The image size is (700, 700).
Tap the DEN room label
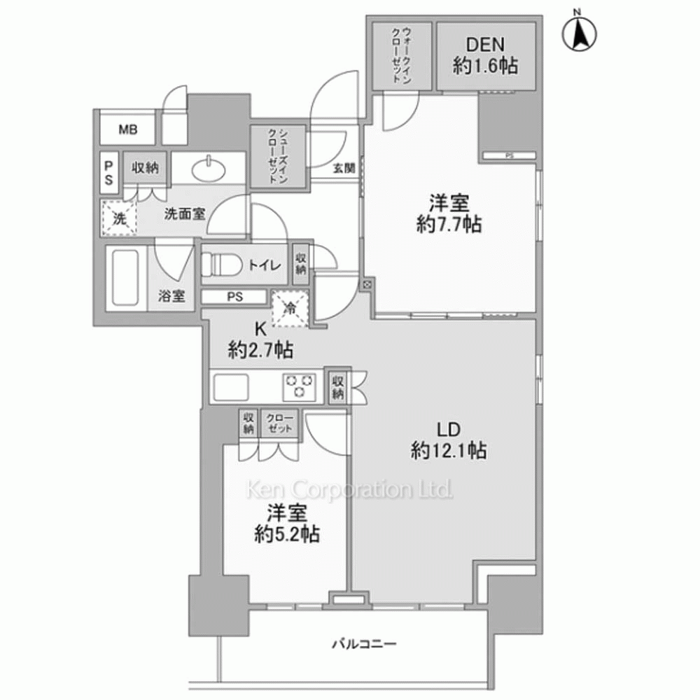(x=485, y=44)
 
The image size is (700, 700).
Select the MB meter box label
(x=127, y=130)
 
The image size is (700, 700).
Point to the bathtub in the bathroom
(x=125, y=278)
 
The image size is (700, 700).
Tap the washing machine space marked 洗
(x=118, y=218)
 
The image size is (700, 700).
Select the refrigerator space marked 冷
(x=290, y=309)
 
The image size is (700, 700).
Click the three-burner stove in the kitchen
(x=299, y=386)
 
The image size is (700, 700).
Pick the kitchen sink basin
(x=231, y=387)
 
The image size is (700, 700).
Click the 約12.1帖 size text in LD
(x=449, y=451)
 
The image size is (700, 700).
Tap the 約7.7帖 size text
(x=449, y=224)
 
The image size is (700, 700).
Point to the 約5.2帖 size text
(x=287, y=533)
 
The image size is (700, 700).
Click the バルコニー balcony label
(x=364, y=644)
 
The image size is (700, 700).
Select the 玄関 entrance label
(x=344, y=168)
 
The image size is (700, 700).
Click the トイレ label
(x=265, y=265)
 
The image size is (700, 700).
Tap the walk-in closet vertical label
(x=401, y=55)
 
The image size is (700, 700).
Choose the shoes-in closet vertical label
(x=278, y=156)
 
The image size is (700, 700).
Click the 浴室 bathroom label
(x=171, y=295)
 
